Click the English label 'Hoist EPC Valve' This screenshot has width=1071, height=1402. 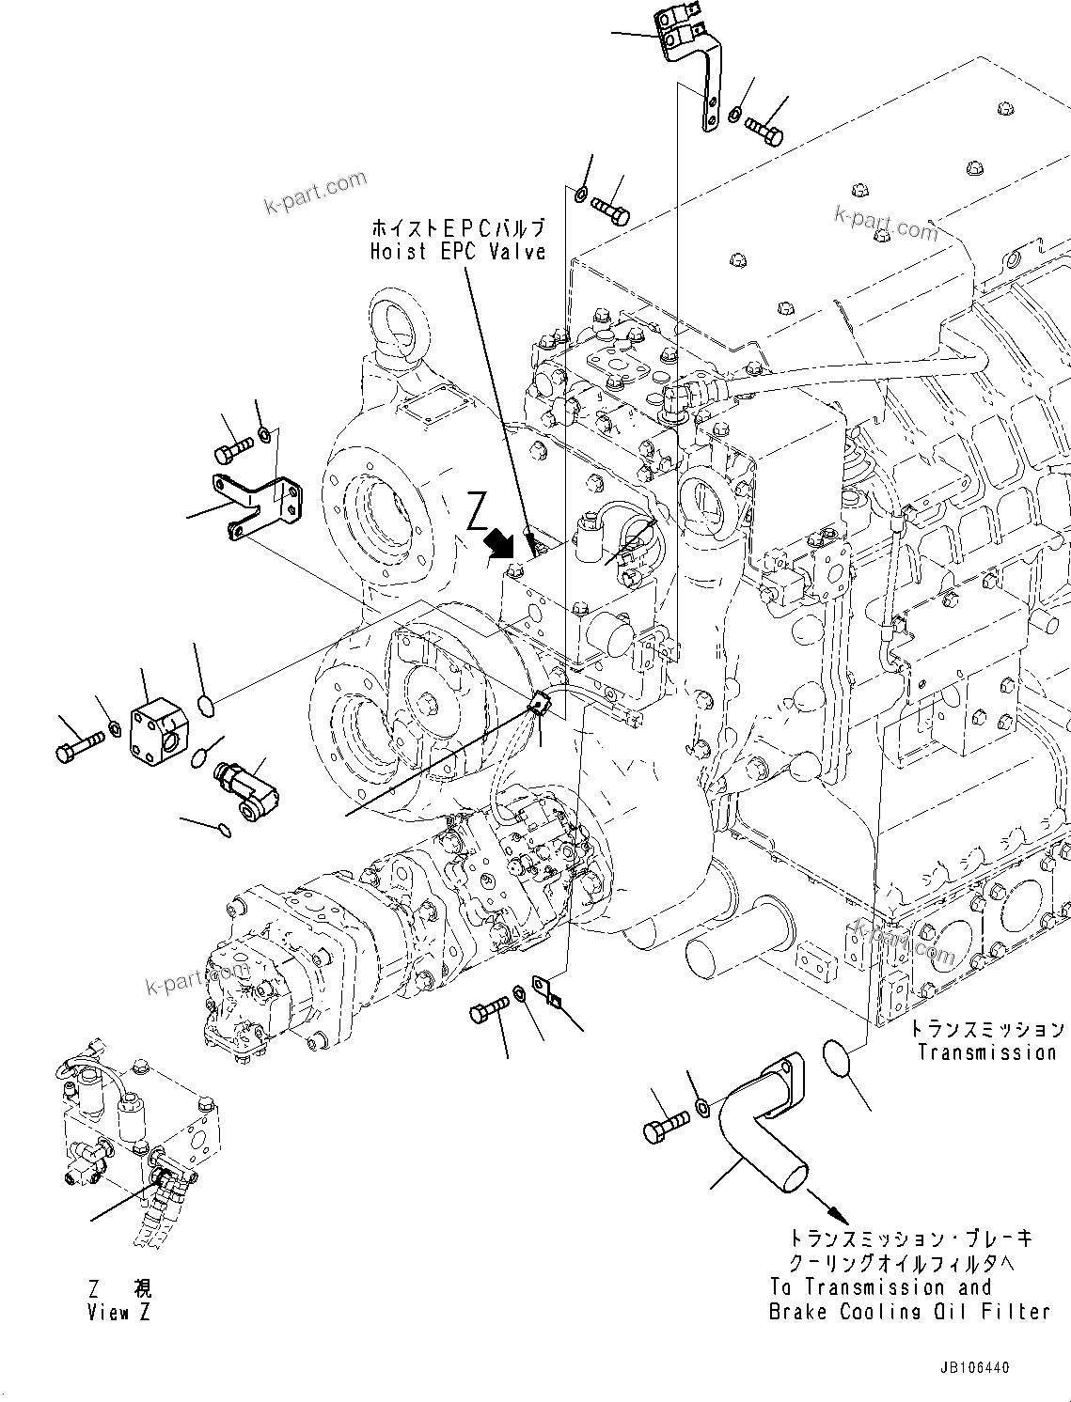tap(457, 252)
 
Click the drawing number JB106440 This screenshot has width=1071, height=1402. tap(972, 1368)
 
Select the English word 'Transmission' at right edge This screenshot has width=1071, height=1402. tap(987, 1052)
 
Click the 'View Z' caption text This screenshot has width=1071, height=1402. tap(119, 1313)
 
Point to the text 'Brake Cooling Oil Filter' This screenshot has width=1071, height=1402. tap(908, 1312)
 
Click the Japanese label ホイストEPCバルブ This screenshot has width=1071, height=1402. tap(457, 228)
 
